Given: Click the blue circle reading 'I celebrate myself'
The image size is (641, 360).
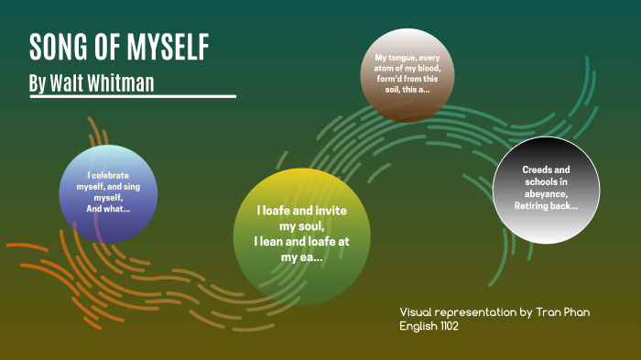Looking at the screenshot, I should click(108, 194).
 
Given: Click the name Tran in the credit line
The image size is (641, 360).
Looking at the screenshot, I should click(549, 312).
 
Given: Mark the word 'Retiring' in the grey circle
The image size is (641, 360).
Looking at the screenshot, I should click(535, 205).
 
